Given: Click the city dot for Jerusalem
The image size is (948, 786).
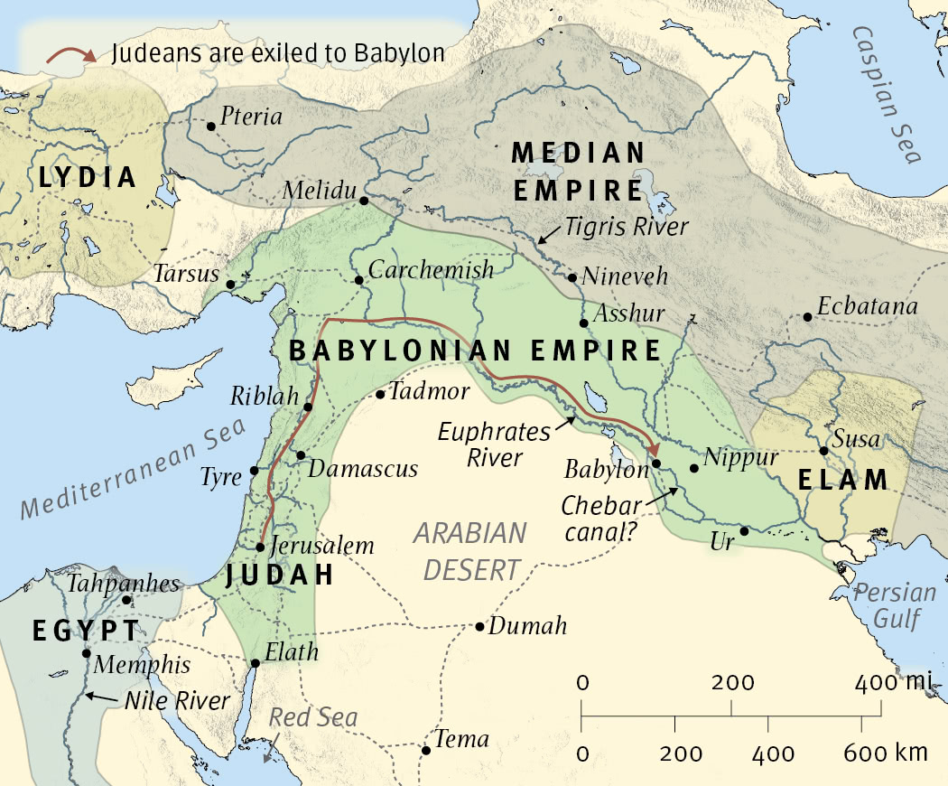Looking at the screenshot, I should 260,547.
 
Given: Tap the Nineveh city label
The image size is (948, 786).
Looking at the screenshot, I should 626,276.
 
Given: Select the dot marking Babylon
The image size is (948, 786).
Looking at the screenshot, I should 656,463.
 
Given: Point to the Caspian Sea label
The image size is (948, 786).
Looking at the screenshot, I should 887,94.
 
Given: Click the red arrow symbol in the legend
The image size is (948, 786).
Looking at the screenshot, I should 71,54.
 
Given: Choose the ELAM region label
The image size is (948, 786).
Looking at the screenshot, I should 844,480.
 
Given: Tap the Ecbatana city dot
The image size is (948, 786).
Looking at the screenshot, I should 806,317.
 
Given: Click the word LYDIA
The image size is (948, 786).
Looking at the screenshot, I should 88,178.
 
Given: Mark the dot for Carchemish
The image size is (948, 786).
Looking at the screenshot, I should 358,280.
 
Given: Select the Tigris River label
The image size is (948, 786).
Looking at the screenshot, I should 627,227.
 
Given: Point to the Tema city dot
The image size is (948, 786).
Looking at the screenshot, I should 426,749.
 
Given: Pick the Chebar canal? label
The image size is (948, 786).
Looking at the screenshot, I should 598,519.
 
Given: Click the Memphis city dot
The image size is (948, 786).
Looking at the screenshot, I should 87,653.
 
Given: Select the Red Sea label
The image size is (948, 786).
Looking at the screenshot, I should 314,718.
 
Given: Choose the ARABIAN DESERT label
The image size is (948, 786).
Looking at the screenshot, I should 469,550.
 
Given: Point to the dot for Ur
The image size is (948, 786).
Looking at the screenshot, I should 744,531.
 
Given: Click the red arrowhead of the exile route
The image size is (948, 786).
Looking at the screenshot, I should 655,449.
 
